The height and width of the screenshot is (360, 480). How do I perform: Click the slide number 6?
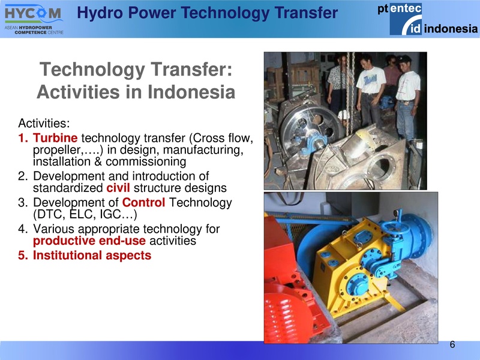click(452, 344)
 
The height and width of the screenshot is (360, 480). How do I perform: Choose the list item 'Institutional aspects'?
click(92, 256)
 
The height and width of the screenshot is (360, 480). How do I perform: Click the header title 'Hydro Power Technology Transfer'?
click(208, 11)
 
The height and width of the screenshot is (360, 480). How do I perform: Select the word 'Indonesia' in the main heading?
click(190, 93)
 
